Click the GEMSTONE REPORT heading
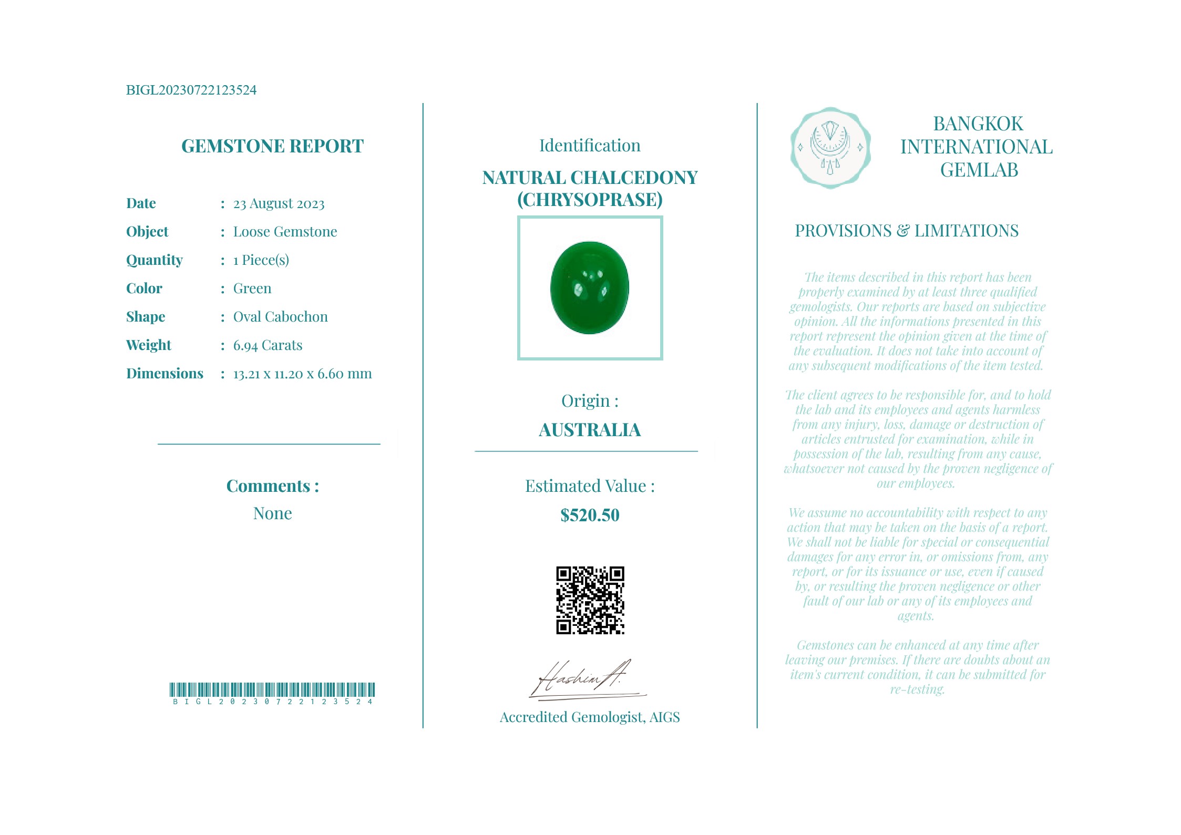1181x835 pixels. pos(272,146)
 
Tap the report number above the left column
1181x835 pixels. pos(191,90)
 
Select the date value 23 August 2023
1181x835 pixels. pos(279,203)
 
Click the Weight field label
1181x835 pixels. pos(149,345)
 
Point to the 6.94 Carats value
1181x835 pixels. pos(268,345)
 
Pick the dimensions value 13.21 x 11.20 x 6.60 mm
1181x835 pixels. pos(302,374)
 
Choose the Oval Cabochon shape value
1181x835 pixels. pos(280,317)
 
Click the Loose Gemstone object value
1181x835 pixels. pos(285,232)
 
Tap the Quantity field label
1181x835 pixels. pos(155,260)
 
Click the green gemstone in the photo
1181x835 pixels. pos(589,287)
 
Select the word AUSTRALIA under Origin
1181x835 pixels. pos(590,430)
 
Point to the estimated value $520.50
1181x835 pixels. pos(590,515)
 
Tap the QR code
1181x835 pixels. pos(590,600)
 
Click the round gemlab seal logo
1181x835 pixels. pos(830,148)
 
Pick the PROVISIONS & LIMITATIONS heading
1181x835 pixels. pos(907,231)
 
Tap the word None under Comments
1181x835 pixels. pos(272,513)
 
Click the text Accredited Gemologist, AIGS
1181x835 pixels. pos(590,717)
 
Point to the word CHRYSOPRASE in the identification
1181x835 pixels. pos(590,200)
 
